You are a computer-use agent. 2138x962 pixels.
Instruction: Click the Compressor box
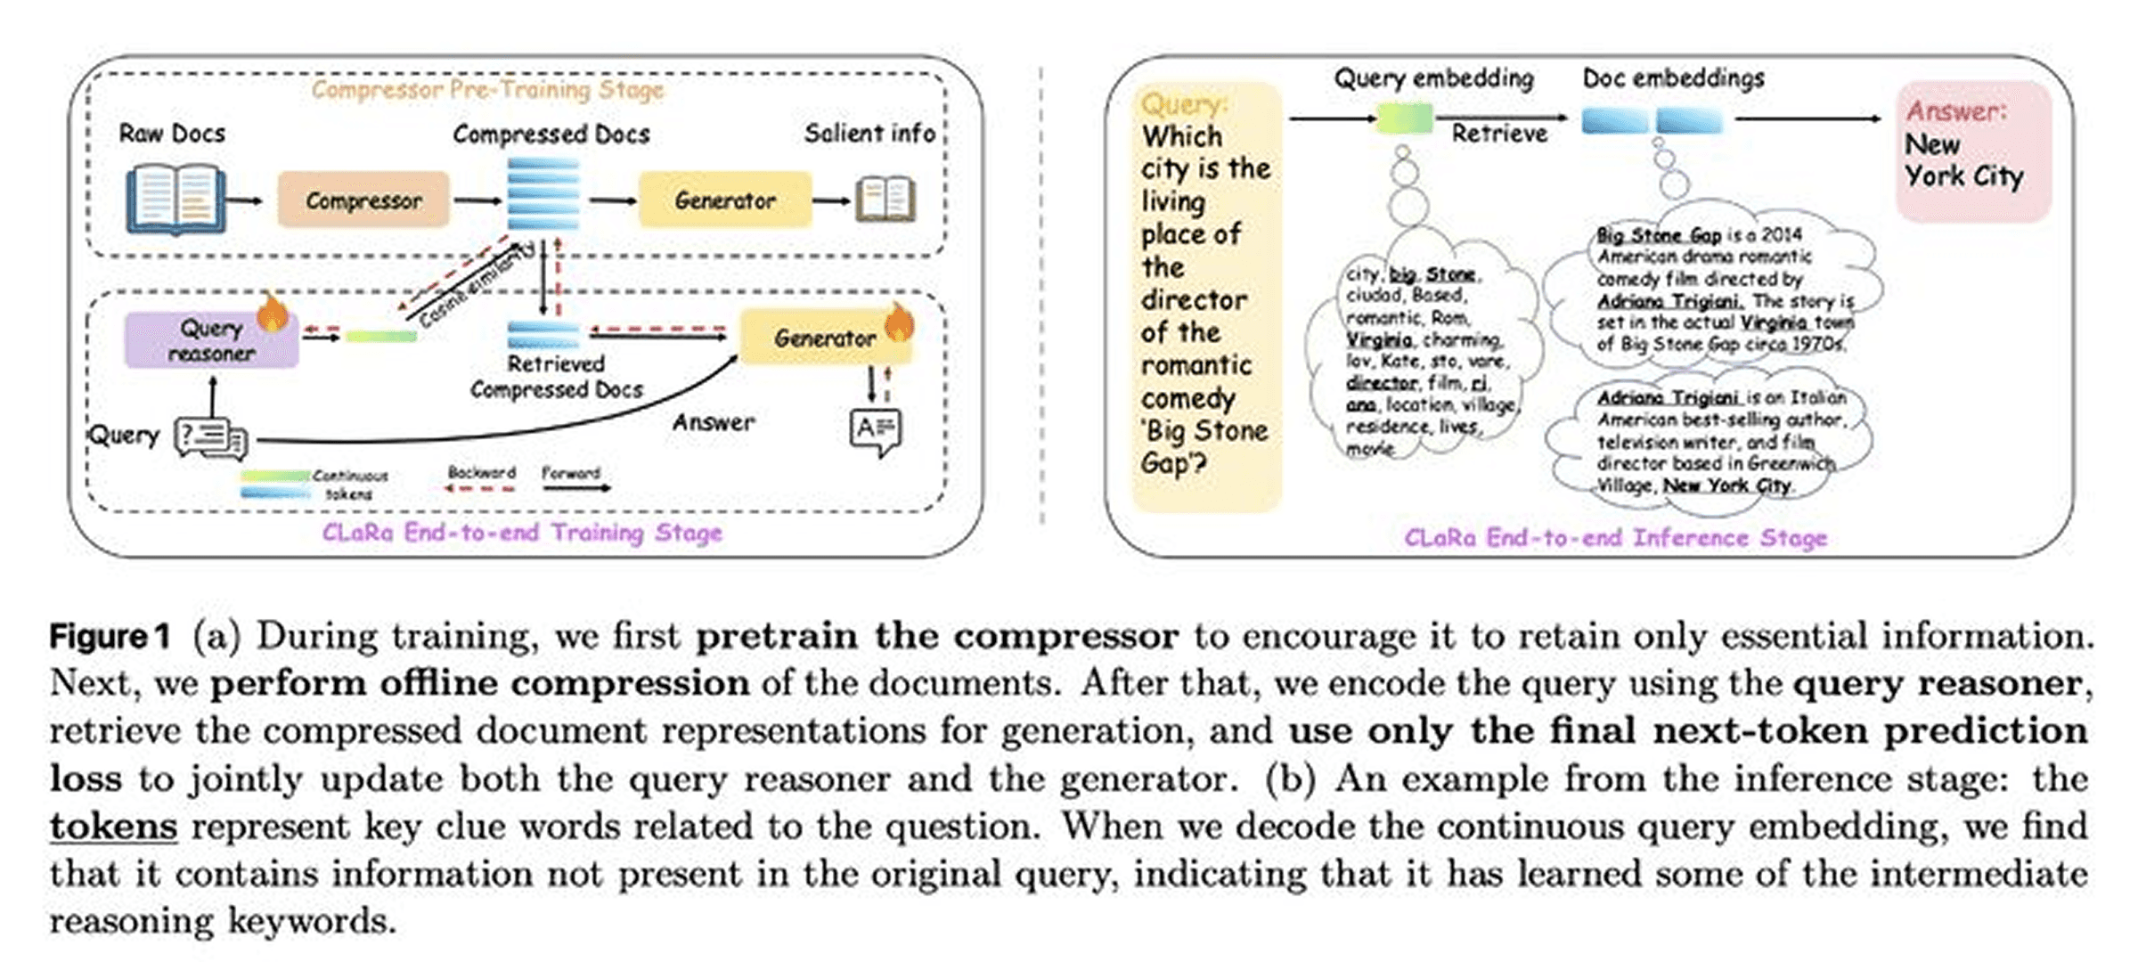(363, 200)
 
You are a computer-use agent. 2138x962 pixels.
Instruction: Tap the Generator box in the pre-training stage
(725, 200)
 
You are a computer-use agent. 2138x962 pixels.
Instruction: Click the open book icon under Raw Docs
(175, 200)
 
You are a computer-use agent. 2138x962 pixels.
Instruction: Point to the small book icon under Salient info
(885, 200)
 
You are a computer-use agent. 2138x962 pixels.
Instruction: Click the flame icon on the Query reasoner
(273, 313)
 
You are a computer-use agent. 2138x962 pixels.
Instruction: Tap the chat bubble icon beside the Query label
(211, 437)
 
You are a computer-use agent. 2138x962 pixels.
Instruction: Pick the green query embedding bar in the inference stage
(1404, 118)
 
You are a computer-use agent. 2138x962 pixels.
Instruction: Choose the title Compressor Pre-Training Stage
(487, 90)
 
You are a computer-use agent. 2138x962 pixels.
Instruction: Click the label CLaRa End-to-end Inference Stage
(1615, 538)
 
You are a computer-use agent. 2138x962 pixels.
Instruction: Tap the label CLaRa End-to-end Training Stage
(522, 533)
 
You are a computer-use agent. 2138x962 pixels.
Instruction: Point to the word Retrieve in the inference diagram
(1499, 134)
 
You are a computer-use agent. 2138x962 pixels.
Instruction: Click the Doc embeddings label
(1673, 78)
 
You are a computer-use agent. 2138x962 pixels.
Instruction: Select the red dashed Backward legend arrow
(481, 488)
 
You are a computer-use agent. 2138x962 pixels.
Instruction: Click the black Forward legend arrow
(575, 488)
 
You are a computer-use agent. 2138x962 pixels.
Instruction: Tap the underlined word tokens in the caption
(113, 826)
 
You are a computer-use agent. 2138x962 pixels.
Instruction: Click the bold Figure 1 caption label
(109, 636)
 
